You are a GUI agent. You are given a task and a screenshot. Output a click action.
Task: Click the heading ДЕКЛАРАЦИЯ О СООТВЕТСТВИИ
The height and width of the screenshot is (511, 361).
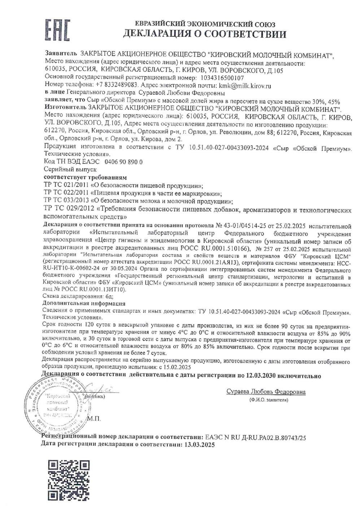click(x=205, y=34)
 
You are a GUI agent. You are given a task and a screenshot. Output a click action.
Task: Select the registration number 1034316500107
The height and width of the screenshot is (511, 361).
click(x=221, y=78)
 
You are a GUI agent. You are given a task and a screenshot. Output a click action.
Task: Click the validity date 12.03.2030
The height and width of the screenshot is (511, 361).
click(x=261, y=376)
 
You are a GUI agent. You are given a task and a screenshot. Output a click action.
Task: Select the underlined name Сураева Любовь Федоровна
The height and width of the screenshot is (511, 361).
click(x=266, y=392)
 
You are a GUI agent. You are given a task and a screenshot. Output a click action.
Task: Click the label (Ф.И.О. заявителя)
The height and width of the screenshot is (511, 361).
click(x=268, y=400)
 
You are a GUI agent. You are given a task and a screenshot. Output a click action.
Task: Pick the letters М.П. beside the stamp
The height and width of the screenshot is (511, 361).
click(x=95, y=418)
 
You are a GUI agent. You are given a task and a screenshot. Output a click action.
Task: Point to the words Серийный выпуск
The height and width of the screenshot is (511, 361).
click(x=70, y=169)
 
